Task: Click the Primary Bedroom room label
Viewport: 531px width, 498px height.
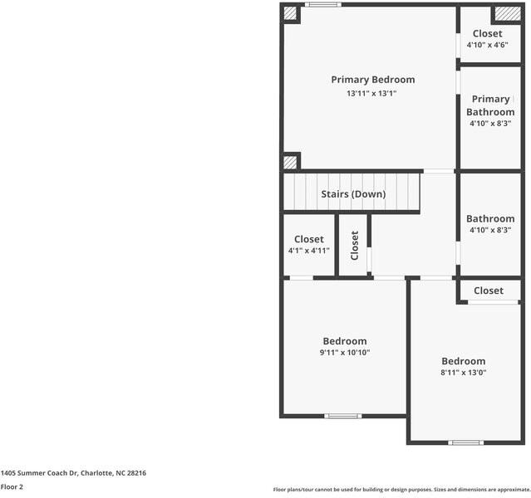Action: [x=372, y=80]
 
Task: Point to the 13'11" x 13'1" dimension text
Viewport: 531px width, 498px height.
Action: [x=371, y=94]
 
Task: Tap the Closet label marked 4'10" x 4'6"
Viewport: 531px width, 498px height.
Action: [x=487, y=34]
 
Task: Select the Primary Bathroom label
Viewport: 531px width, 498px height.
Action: [x=489, y=105]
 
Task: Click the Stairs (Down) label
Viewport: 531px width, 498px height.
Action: [x=353, y=194]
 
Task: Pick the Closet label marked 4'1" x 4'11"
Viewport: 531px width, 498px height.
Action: [x=308, y=239]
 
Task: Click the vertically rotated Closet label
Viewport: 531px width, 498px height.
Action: [x=355, y=246]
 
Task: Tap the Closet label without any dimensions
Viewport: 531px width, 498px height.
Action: [x=488, y=290]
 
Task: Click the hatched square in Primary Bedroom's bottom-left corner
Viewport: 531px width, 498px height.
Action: [x=290, y=162]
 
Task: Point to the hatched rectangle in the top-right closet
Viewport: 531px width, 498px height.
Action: [x=505, y=13]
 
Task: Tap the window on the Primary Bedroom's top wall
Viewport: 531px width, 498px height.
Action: [x=322, y=5]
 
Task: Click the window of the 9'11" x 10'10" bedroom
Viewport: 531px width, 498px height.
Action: [x=343, y=415]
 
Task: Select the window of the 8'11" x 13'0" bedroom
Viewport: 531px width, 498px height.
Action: [x=465, y=442]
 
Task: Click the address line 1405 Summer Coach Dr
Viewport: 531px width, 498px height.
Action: [x=73, y=472]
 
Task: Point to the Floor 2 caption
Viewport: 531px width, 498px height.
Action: [x=12, y=487]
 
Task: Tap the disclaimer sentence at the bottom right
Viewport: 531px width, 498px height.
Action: [x=401, y=489]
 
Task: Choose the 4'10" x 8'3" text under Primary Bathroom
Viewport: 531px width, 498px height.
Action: [x=489, y=124]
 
